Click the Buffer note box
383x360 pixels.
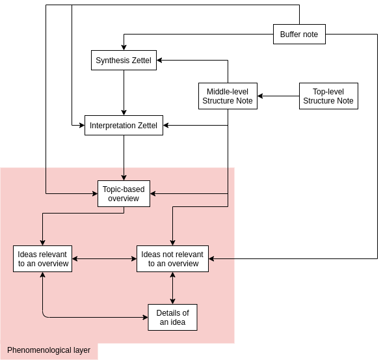tap(299, 35)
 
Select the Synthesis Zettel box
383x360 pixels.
tap(124, 60)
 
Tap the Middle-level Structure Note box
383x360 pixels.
tap(228, 96)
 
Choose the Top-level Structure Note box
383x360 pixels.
tap(328, 96)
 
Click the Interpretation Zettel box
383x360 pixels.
tap(124, 125)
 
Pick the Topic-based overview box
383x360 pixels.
tap(124, 194)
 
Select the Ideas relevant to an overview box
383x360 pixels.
tap(42, 258)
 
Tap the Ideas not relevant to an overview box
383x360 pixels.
tap(173, 258)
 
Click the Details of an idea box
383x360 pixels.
tap(173, 318)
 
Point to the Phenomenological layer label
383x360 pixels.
tap(49, 350)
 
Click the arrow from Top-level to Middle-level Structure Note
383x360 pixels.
tap(278, 96)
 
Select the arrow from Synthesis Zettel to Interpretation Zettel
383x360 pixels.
tap(124, 92)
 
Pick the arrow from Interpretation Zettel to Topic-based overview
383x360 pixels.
tap(124, 158)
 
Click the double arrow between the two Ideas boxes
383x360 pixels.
tap(104, 258)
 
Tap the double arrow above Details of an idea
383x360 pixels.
tap(173, 288)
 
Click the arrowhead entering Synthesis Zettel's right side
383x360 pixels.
tap(159, 60)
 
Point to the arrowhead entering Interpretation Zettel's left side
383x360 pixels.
tap(82, 125)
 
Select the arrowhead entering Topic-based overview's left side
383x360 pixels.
tap(95, 194)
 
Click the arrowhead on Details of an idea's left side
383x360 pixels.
tap(145, 318)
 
